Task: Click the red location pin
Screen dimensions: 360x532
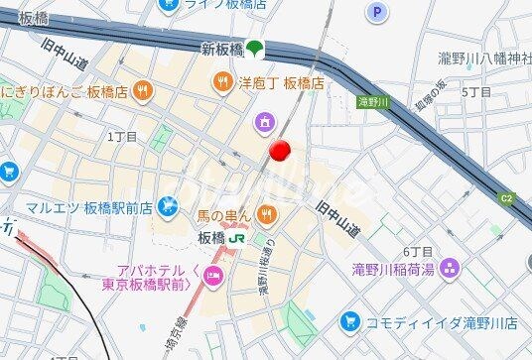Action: [280, 151]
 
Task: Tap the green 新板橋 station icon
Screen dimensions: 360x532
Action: [255, 47]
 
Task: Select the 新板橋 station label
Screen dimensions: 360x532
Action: [222, 48]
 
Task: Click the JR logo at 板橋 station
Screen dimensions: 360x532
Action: [237, 238]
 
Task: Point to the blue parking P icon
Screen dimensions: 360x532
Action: [375, 12]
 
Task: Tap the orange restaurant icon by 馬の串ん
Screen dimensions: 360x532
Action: [266, 212]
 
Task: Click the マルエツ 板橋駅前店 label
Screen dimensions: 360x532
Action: [89, 208]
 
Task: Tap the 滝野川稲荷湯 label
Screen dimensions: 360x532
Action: [393, 268]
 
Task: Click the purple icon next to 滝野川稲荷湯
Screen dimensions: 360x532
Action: [451, 268]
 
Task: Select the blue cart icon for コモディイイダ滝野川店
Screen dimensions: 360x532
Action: [348, 321]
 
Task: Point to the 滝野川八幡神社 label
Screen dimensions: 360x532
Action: [485, 60]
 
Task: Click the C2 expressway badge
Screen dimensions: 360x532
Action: [507, 198]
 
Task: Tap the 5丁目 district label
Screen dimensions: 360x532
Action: [476, 91]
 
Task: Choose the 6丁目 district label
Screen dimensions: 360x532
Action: [418, 251]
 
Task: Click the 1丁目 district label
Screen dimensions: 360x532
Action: [121, 136]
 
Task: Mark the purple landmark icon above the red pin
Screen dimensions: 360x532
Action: [264, 122]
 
